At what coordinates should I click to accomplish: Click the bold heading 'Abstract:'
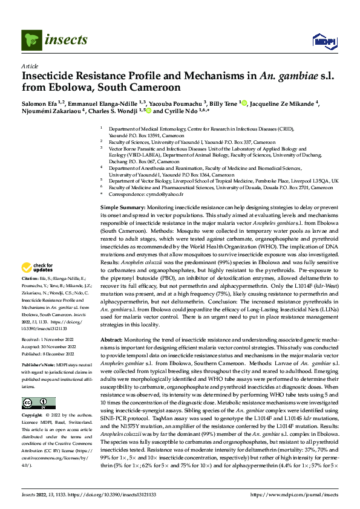113,340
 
